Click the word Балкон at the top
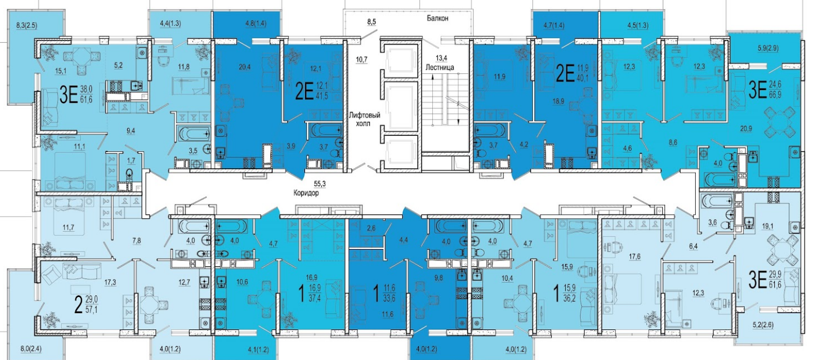[x=438, y=18]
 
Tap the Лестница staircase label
[x=440, y=68]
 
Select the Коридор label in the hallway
[x=306, y=193]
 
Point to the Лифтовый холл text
[x=365, y=119]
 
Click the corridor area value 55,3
[x=320, y=184]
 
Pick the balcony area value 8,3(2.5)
[x=27, y=25]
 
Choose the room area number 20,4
[x=245, y=67]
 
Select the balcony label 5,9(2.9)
[x=768, y=48]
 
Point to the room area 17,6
[x=634, y=257]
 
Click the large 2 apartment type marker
[x=77, y=305]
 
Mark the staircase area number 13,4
[x=441, y=58]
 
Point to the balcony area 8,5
[x=372, y=23]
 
